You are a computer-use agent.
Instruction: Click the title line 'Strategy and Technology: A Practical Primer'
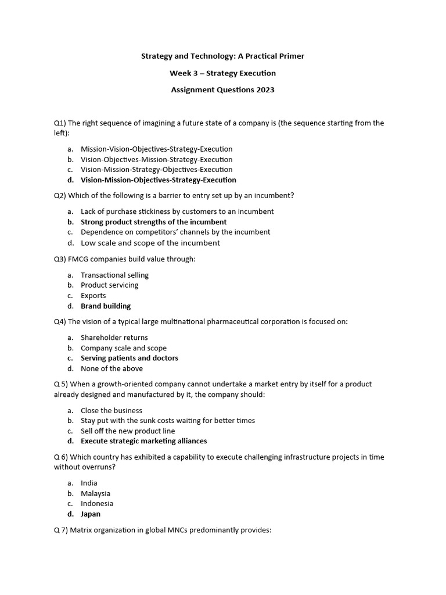tap(222, 56)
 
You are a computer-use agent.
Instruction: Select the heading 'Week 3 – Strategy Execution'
tap(222, 73)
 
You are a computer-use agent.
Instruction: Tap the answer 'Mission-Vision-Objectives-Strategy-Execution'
tap(156, 149)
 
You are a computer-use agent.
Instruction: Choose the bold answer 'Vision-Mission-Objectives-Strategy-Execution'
tap(159, 180)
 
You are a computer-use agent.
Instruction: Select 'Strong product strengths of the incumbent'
tap(153, 222)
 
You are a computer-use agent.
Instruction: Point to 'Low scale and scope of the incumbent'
tap(150, 243)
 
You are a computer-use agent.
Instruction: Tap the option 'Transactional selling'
tap(114, 275)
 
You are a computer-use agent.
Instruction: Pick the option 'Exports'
tap(93, 296)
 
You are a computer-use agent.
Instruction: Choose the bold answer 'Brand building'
tap(106, 306)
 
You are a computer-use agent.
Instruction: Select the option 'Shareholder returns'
tap(114, 338)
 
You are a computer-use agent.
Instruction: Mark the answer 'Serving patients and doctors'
tap(130, 358)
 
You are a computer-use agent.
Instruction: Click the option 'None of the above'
tap(111, 368)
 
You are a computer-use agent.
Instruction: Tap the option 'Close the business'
tap(111, 410)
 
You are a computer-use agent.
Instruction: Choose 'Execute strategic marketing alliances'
tap(144, 441)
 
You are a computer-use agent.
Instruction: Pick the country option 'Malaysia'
tap(95, 493)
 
